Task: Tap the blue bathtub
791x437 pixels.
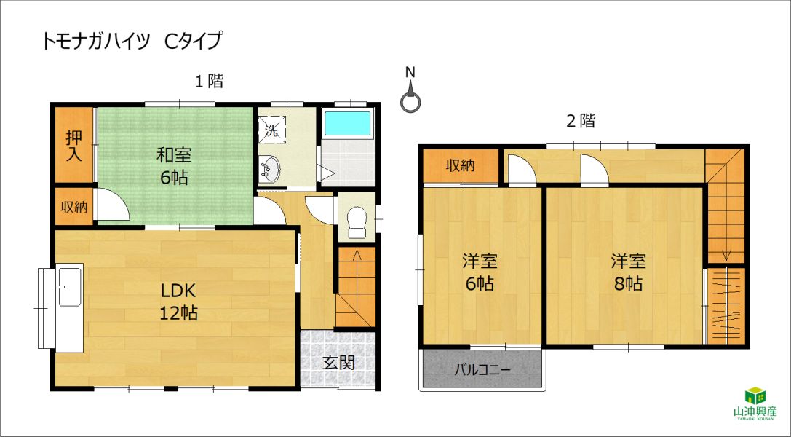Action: pyautogui.click(x=348, y=124)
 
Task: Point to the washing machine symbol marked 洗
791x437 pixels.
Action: pyautogui.click(x=272, y=128)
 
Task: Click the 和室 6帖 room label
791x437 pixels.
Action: pyautogui.click(x=174, y=166)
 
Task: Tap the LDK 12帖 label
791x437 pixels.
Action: pyautogui.click(x=178, y=302)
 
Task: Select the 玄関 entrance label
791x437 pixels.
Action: pyautogui.click(x=339, y=362)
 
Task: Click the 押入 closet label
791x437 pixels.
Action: pyautogui.click(x=73, y=146)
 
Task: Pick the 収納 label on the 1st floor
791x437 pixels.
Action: pyautogui.click(x=74, y=206)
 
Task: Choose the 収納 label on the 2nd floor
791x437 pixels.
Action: pyautogui.click(x=460, y=165)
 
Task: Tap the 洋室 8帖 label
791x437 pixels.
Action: pyautogui.click(x=628, y=273)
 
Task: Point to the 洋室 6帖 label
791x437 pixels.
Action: pyautogui.click(x=480, y=273)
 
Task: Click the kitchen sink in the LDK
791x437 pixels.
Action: pyautogui.click(x=70, y=287)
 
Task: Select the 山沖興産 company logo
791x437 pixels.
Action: pyautogui.click(x=755, y=403)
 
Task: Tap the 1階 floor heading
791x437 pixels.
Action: pyautogui.click(x=210, y=81)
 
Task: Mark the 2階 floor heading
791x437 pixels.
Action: pyautogui.click(x=581, y=121)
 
